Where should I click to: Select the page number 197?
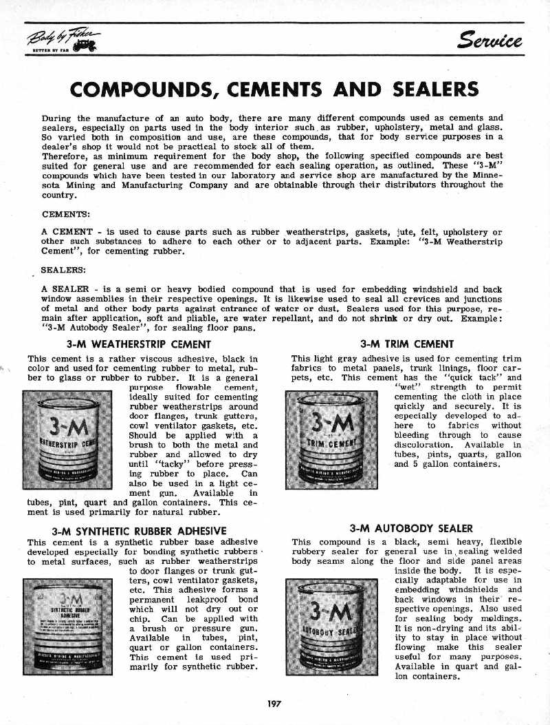[275, 703]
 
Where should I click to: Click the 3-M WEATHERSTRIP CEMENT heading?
[138, 344]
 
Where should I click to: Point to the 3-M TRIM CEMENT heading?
[407, 344]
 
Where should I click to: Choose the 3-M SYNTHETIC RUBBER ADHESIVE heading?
[140, 531]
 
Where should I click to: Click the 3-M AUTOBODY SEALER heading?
[411, 529]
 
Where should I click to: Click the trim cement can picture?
[331, 439]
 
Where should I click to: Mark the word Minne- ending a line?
[487, 175]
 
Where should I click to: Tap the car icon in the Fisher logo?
[87, 45]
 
